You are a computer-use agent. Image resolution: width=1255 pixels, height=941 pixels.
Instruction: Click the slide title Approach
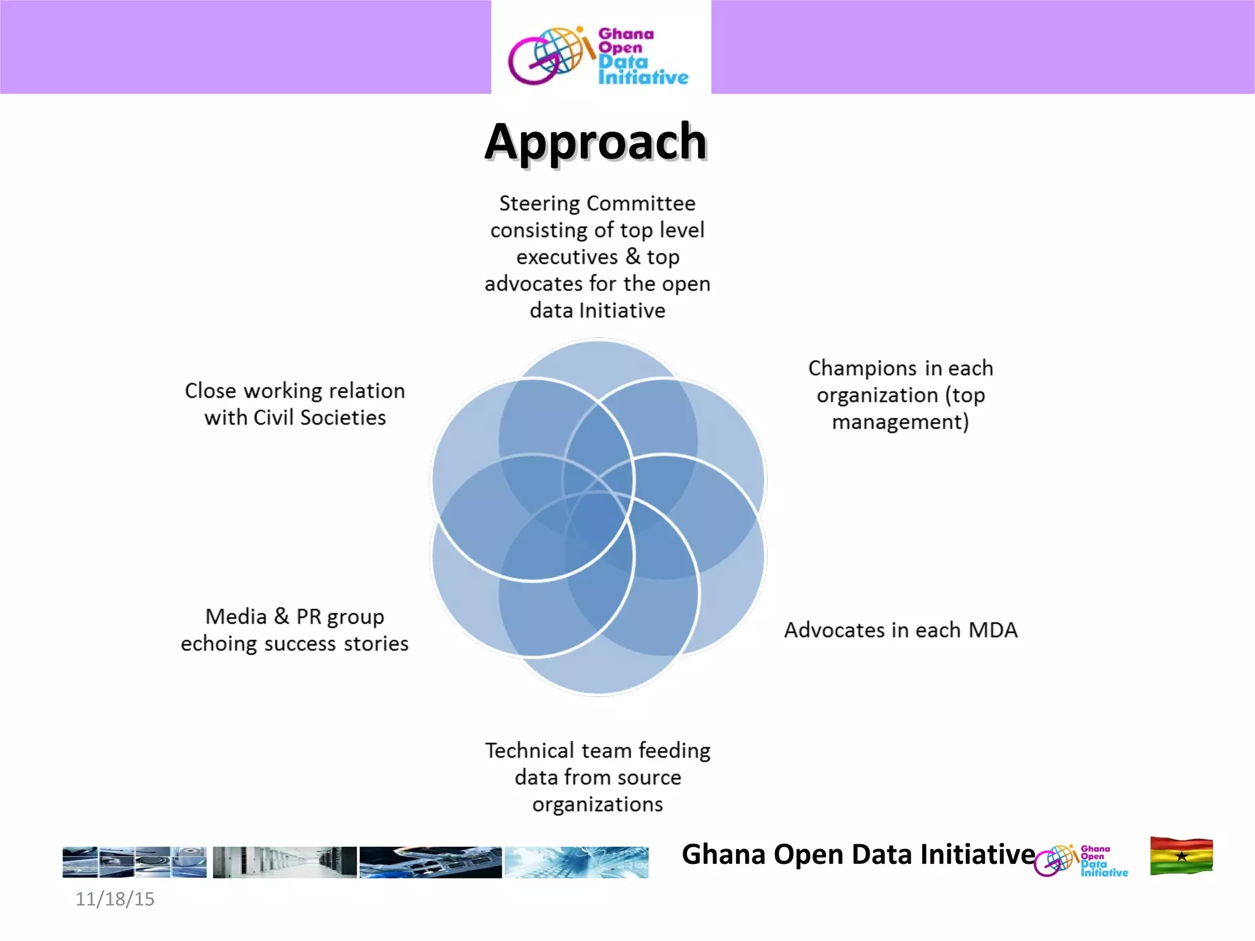point(596,142)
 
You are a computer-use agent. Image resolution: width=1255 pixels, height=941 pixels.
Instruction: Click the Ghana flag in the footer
point(1181,856)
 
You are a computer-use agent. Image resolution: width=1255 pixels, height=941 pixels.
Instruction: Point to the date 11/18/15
point(115,899)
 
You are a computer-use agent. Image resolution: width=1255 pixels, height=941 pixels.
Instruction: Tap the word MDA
point(993,630)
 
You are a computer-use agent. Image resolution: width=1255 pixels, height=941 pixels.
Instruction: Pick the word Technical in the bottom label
point(529,750)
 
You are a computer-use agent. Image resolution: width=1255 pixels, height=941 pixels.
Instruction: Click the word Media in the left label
point(236,616)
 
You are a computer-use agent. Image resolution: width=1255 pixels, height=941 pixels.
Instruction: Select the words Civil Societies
point(319,418)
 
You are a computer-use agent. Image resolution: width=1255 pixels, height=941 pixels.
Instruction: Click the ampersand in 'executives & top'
point(632,256)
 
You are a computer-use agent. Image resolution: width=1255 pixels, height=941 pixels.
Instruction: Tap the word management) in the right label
point(900,422)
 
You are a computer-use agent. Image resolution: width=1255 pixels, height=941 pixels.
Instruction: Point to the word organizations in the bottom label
point(597,804)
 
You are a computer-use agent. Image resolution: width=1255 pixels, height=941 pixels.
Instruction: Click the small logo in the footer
point(1081,861)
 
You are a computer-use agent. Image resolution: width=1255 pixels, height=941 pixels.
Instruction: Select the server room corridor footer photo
point(284,862)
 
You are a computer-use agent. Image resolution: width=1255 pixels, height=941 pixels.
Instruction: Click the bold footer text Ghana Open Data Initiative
point(858,854)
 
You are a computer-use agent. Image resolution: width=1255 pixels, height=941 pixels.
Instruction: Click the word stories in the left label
point(376,644)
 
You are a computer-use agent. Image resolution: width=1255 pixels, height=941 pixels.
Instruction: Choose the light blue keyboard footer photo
point(576,862)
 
